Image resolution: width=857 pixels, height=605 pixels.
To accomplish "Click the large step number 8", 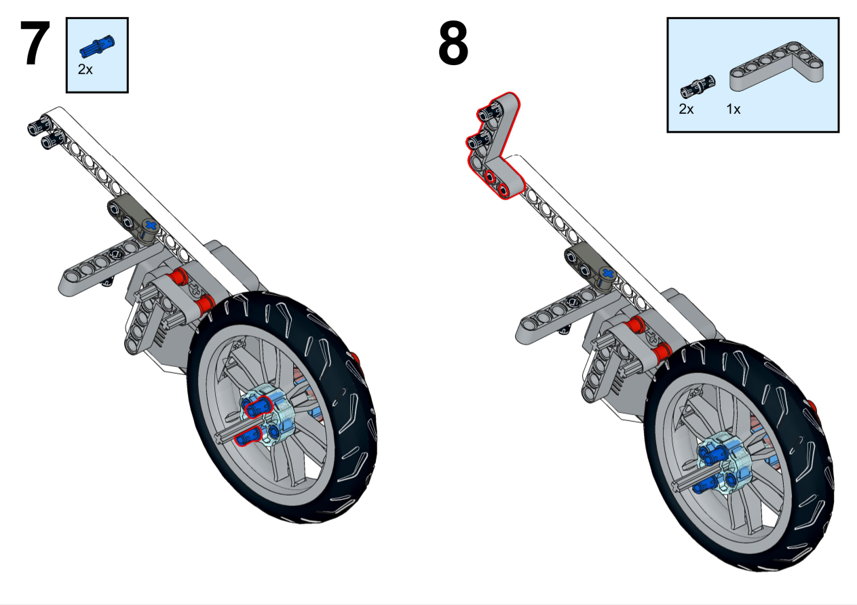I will coord(453,44).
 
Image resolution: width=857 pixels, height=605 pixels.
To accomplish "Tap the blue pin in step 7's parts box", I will coord(97,46).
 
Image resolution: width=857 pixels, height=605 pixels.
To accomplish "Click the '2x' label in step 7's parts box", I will coord(85,69).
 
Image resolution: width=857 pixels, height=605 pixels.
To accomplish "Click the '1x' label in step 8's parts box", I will coord(733,109).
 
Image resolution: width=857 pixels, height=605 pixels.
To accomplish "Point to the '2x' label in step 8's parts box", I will coord(687,109).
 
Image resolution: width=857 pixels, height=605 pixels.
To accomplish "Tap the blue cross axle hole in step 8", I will coord(607,275).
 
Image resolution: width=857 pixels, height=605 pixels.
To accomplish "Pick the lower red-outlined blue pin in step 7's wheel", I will coord(247,437).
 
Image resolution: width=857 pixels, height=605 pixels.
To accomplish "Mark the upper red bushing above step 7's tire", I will coord(179,277).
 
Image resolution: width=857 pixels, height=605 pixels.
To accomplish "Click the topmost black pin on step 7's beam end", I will coord(35,126).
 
